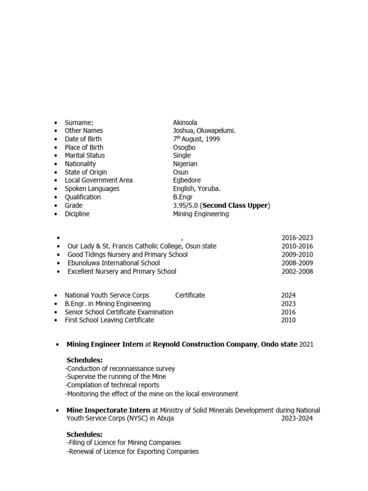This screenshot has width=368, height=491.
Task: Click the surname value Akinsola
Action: tap(185, 122)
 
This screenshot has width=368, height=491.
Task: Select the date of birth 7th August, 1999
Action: tap(196, 139)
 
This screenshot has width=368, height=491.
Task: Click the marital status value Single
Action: tap(182, 155)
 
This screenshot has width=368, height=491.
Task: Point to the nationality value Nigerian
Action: tap(185, 164)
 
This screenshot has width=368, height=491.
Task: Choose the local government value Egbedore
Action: tap(187, 180)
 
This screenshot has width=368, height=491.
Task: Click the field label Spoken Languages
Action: tap(92, 188)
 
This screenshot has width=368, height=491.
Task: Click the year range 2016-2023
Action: tap(297, 238)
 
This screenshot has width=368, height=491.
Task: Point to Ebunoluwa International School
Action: tap(114, 263)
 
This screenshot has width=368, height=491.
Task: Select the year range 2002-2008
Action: tap(297, 271)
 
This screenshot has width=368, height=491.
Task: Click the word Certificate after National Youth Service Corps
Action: tap(190, 295)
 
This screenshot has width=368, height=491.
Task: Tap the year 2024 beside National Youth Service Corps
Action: tap(288, 295)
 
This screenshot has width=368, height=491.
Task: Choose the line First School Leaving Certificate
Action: tap(109, 320)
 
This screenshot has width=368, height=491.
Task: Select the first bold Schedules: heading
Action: tap(84, 360)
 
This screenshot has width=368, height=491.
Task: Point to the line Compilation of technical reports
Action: tap(112, 385)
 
